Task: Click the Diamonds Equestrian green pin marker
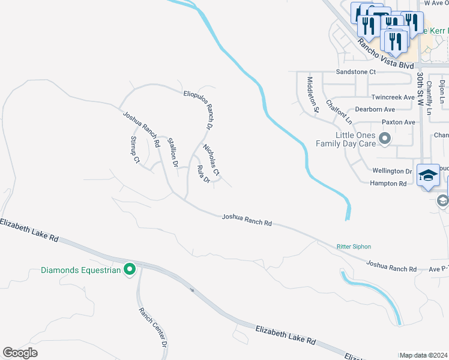[x=128, y=270]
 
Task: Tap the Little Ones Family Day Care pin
[x=385, y=139]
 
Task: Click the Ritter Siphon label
[x=353, y=246]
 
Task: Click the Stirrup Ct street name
[x=134, y=150]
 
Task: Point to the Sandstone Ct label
[x=355, y=71]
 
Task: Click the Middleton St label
[x=312, y=94]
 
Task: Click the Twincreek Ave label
[x=393, y=97]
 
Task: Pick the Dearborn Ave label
[x=375, y=109]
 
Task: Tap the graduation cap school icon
[x=428, y=175]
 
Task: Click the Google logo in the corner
[x=20, y=353]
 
